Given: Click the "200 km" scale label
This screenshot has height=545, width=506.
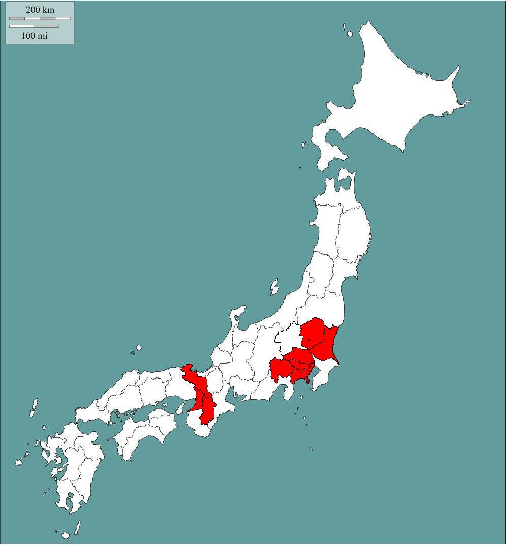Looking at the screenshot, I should [40, 10].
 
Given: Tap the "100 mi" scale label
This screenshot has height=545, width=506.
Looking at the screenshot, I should [35, 36].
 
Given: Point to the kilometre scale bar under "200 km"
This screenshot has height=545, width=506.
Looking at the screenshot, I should [40, 18].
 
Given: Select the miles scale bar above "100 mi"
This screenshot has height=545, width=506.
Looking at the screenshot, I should [34, 26].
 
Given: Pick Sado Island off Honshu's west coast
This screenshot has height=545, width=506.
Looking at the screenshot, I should [274, 287].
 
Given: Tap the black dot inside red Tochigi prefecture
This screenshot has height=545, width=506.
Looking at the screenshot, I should [309, 340].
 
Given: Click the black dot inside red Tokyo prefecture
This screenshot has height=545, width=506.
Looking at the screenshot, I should [310, 366].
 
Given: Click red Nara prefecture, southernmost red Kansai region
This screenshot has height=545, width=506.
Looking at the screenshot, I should [207, 409].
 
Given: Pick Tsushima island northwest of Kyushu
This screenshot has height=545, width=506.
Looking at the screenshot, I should [34, 407].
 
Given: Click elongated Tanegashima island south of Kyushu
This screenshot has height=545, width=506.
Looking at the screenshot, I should [78, 528].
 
